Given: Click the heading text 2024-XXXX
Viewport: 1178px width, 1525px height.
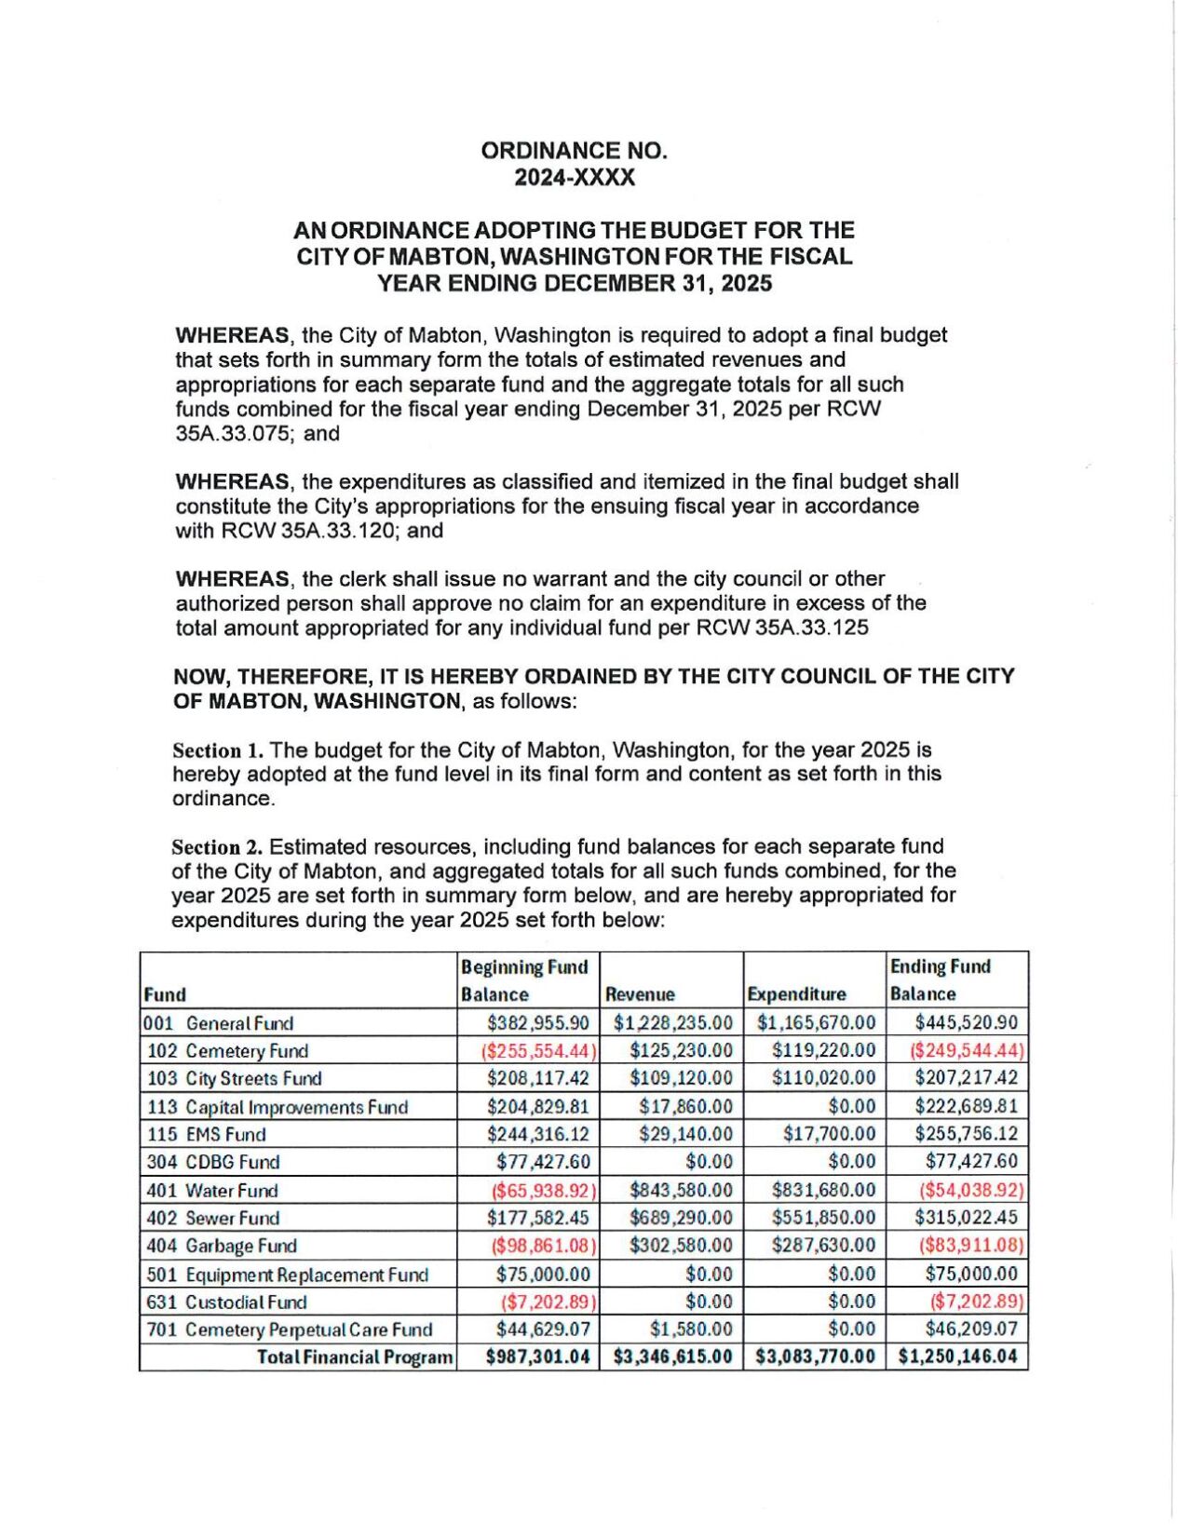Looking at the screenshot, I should [575, 178].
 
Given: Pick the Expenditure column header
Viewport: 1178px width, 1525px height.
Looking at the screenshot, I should [796, 994].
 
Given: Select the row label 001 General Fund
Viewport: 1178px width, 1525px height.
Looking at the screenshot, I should [219, 1023].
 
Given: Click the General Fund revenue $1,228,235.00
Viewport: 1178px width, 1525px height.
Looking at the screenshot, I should [672, 1023].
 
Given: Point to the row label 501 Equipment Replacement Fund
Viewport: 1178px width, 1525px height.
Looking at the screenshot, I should [288, 1275].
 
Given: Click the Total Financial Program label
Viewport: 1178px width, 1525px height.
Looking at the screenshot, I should [355, 1357].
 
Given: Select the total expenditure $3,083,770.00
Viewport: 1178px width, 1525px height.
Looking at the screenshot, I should [815, 1357].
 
